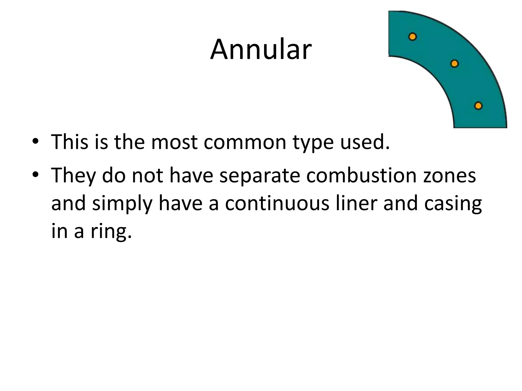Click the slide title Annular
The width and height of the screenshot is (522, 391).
[261, 49]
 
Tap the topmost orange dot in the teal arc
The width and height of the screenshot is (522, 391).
[412, 37]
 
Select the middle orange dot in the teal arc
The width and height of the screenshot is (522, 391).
[454, 64]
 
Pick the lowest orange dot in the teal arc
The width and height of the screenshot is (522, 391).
[478, 106]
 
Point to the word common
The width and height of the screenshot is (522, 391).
[245, 142]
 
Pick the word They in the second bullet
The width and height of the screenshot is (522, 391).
[73, 176]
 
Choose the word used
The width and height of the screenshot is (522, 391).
[365, 142]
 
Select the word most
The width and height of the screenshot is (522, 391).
[174, 142]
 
